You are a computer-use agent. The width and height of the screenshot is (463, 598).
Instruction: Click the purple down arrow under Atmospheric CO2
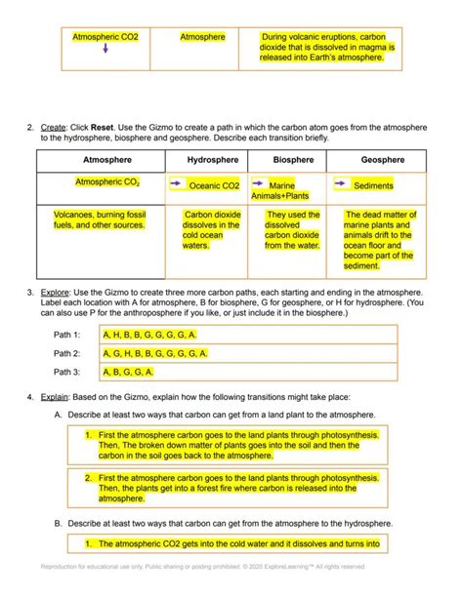105,51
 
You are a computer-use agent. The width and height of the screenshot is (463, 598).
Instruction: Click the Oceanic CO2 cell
213,185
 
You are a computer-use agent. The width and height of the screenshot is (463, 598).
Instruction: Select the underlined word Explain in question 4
56,395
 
